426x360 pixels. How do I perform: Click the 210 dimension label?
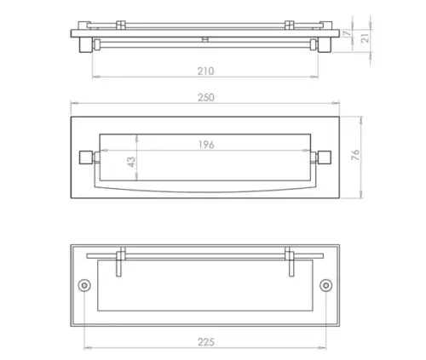tap(206, 71)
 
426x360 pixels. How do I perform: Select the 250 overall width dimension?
tap(206, 98)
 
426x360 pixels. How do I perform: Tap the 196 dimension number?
tap(206, 145)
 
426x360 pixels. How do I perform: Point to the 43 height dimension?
tap(131, 162)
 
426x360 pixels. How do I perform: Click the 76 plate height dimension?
tap(355, 155)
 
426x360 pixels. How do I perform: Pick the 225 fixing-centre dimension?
tap(206, 342)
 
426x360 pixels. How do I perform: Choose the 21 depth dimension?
tap(366, 37)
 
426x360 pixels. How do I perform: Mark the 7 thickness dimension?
tap(347, 34)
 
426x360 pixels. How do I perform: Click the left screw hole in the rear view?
tap(84, 285)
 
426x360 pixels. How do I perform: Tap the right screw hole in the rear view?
tap(326, 285)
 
